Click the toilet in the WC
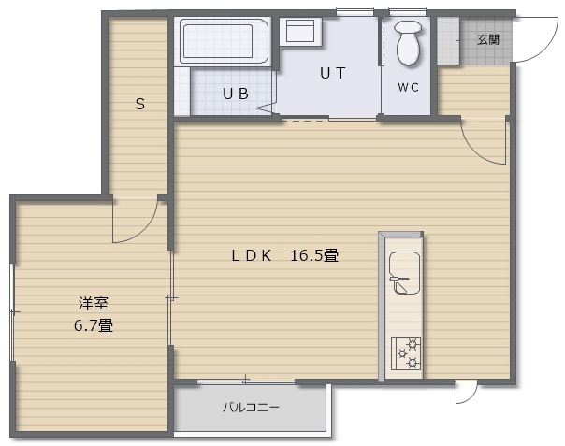pos(408,42)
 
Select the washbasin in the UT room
pos(300,31)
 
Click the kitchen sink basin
pos(405,273)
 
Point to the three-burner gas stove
pos(406,353)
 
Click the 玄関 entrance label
pos(488,39)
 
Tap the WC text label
pos(408,87)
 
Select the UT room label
pos(333,73)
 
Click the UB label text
pos(236,94)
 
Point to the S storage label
pos(140,104)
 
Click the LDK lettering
pos(251,255)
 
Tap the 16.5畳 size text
pos(314,255)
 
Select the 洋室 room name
pos(94,303)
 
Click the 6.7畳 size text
pos(94,325)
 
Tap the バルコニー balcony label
pos(251,408)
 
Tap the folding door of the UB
pos(268,108)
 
